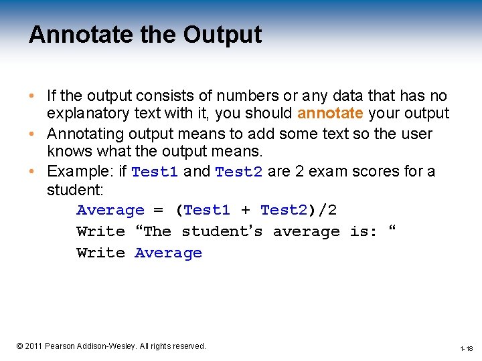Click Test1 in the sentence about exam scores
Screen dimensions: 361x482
155,172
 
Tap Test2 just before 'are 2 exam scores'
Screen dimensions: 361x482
239,172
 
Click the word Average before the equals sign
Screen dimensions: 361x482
110,211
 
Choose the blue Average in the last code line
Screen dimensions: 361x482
168,253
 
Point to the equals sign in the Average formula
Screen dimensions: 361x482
158,211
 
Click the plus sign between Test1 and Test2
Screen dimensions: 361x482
245,211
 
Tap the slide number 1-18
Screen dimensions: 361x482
466,348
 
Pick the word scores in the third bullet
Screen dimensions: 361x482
380,172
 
